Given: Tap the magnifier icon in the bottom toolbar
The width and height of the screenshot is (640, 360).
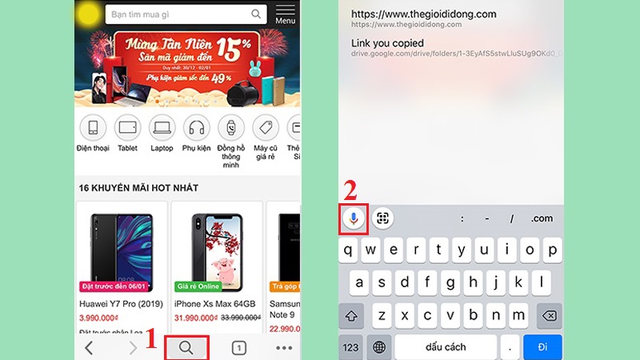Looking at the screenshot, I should pyautogui.click(x=186, y=347).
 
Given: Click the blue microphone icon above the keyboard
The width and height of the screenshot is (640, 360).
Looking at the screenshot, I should pyautogui.click(x=354, y=218).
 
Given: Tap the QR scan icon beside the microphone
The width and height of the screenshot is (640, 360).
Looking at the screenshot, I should pyautogui.click(x=382, y=218).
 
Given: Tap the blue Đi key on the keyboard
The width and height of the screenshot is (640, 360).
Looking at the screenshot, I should pyautogui.click(x=542, y=347).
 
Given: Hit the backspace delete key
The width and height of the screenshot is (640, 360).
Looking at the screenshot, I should pyautogui.click(x=548, y=317).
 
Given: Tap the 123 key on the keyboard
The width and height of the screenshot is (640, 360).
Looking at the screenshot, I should pyautogui.click(x=351, y=347).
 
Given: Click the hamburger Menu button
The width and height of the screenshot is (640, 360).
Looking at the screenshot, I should pyautogui.click(x=285, y=14).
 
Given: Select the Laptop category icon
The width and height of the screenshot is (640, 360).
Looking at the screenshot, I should pyautogui.click(x=162, y=127).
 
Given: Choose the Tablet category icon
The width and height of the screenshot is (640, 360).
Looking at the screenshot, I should pyautogui.click(x=127, y=127).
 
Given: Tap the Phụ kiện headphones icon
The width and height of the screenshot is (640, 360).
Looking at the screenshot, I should pyautogui.click(x=196, y=127).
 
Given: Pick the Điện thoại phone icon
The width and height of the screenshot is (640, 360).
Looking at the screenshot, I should pyautogui.click(x=93, y=127).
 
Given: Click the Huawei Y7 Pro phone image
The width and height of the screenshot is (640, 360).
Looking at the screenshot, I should pyautogui.click(x=120, y=244).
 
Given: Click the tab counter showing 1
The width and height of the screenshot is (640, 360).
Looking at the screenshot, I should pyautogui.click(x=238, y=347).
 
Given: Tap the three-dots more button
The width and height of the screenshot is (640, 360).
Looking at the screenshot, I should pyautogui.click(x=283, y=347).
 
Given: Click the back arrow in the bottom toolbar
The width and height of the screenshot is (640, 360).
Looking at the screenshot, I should pyautogui.click(x=89, y=347).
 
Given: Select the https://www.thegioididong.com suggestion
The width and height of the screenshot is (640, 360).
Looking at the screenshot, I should pyautogui.click(x=424, y=14).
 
